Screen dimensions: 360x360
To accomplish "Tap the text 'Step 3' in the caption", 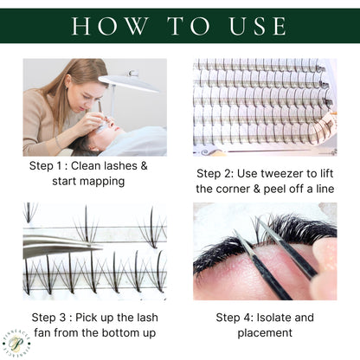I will click(55, 316).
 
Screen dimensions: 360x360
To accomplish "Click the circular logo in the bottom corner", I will click(18, 344).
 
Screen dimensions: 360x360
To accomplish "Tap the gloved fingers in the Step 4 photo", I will click(325, 268).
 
